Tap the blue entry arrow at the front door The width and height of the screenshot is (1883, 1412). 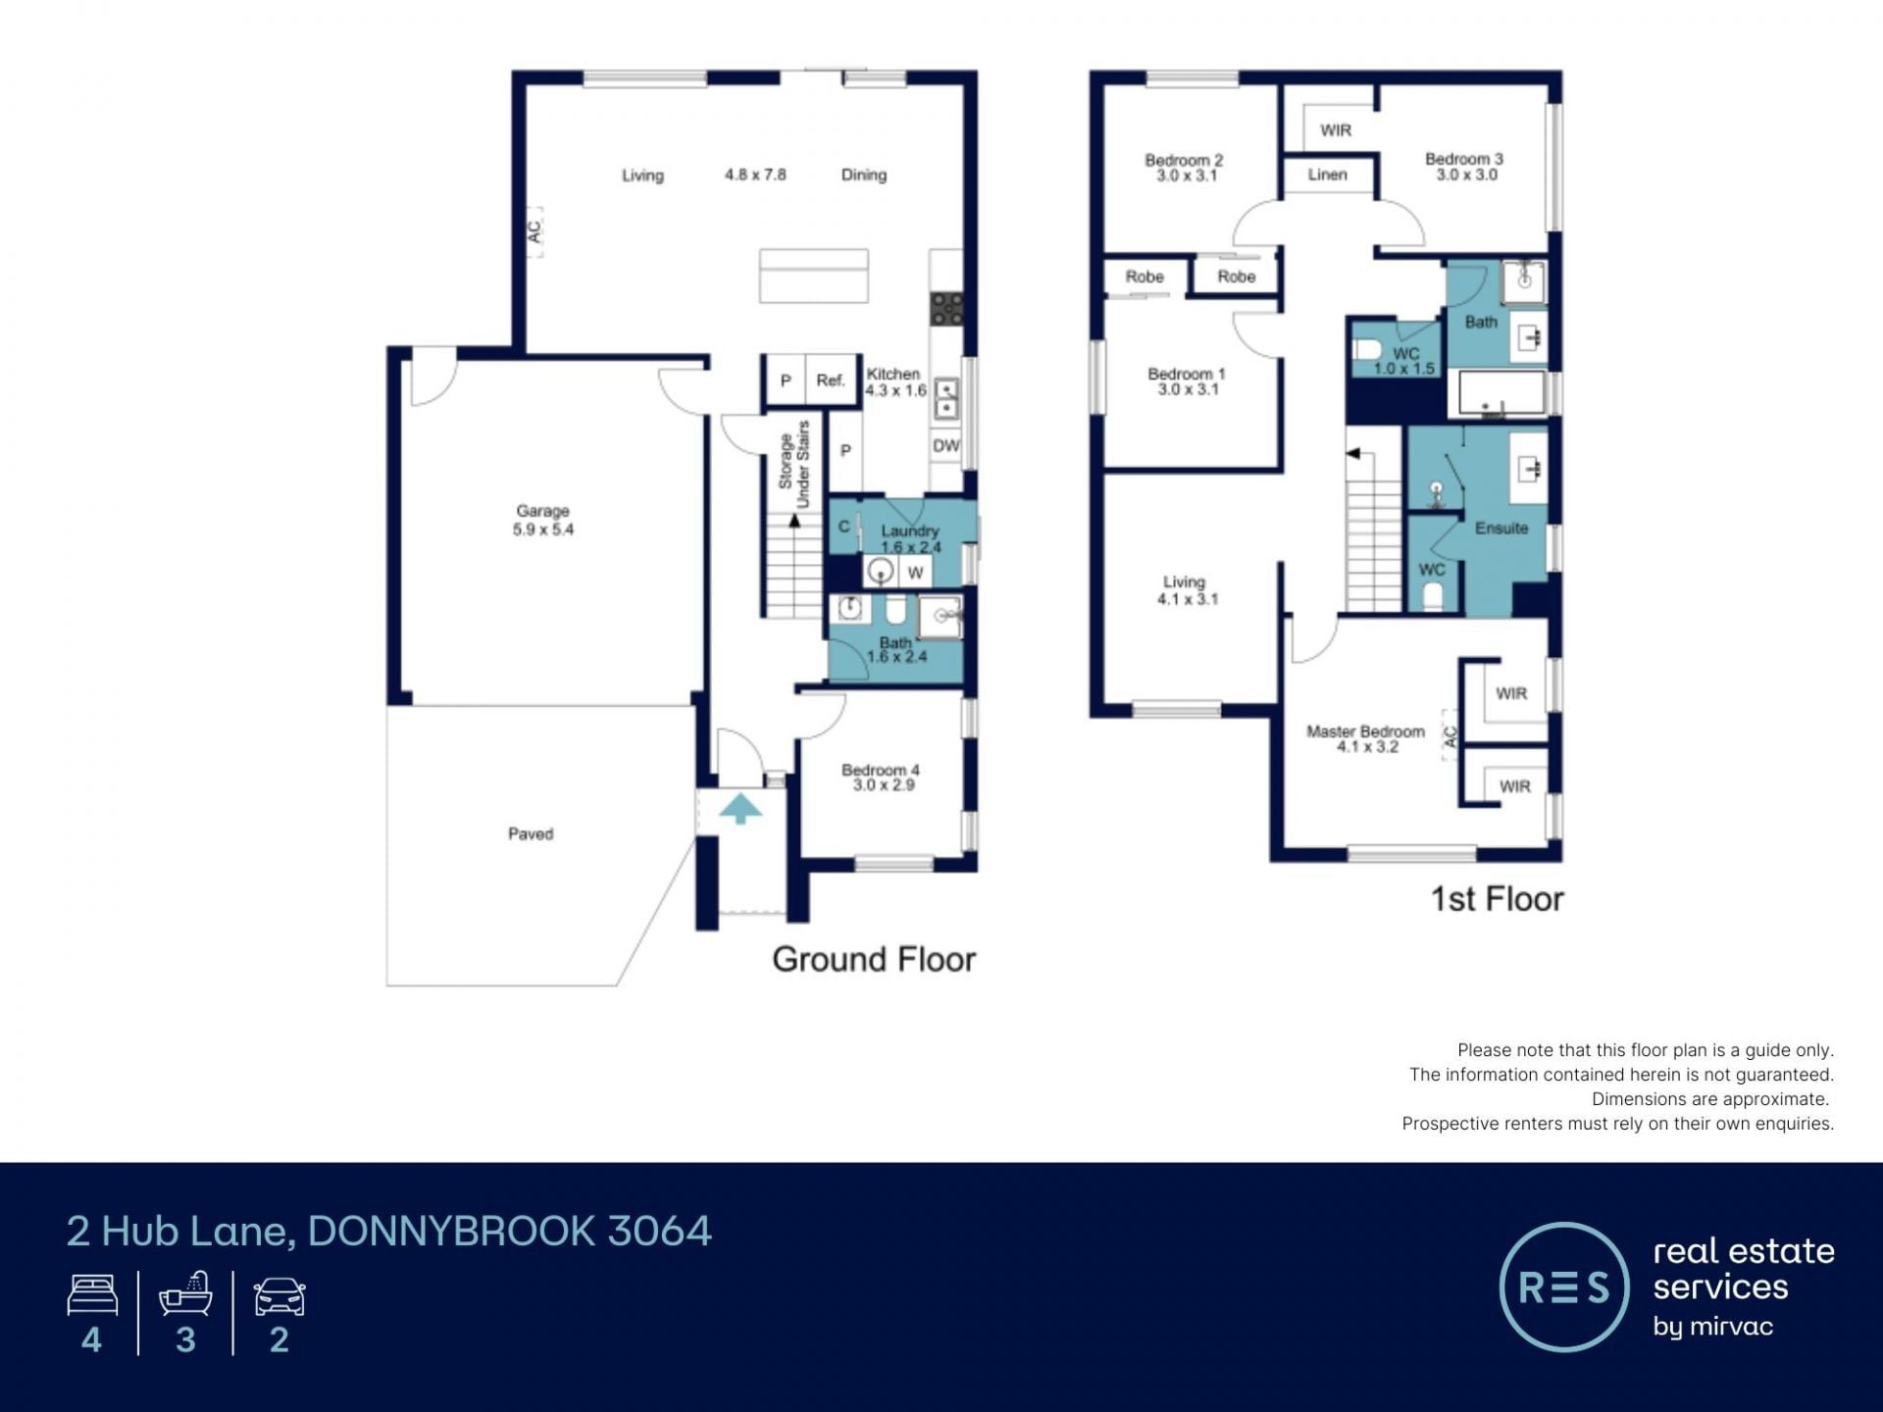740,809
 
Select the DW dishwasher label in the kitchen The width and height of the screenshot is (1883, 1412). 945,446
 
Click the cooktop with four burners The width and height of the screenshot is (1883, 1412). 947,309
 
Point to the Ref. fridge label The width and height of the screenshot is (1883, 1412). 831,380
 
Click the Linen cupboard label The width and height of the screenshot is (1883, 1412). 1327,175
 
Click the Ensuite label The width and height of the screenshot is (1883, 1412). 1501,528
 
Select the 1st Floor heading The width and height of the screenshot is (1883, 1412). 1497,899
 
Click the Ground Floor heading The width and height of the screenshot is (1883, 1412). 874,959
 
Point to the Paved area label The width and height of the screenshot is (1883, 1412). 531,833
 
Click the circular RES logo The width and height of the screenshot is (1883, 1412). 1564,1286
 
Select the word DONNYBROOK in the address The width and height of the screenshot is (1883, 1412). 451,1232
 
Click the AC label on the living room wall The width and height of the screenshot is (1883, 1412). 534,231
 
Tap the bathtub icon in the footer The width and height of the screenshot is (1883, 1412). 185,1293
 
